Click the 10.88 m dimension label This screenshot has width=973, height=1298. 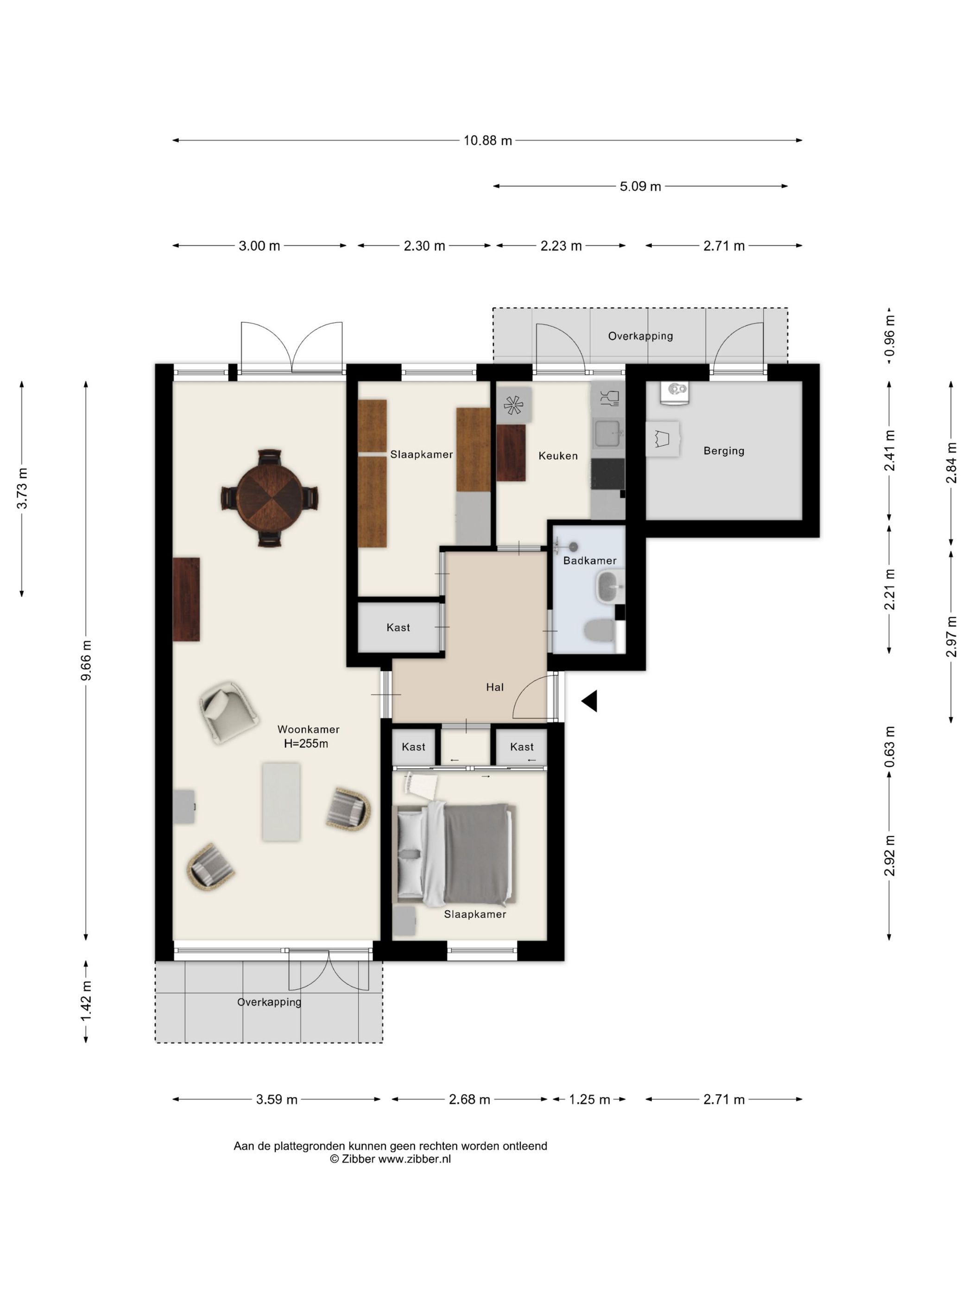click(x=487, y=140)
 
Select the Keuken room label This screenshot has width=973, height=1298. click(x=558, y=455)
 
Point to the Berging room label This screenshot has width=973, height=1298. click(x=724, y=451)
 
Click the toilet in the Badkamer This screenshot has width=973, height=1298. click(x=600, y=631)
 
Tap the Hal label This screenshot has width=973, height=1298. click(x=494, y=687)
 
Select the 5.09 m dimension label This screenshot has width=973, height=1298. click(x=640, y=186)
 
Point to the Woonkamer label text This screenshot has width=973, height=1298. click(x=308, y=729)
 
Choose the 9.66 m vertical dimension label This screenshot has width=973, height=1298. click(x=86, y=661)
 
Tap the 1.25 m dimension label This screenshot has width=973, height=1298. click(x=589, y=1099)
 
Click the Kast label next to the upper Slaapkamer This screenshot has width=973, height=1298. click(x=398, y=627)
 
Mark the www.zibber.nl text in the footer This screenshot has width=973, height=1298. click(x=414, y=1158)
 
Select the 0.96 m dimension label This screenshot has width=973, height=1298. click(x=889, y=336)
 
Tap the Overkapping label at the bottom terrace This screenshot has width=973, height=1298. click(x=269, y=1002)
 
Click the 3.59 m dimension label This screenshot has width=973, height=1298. click(x=276, y=1099)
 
